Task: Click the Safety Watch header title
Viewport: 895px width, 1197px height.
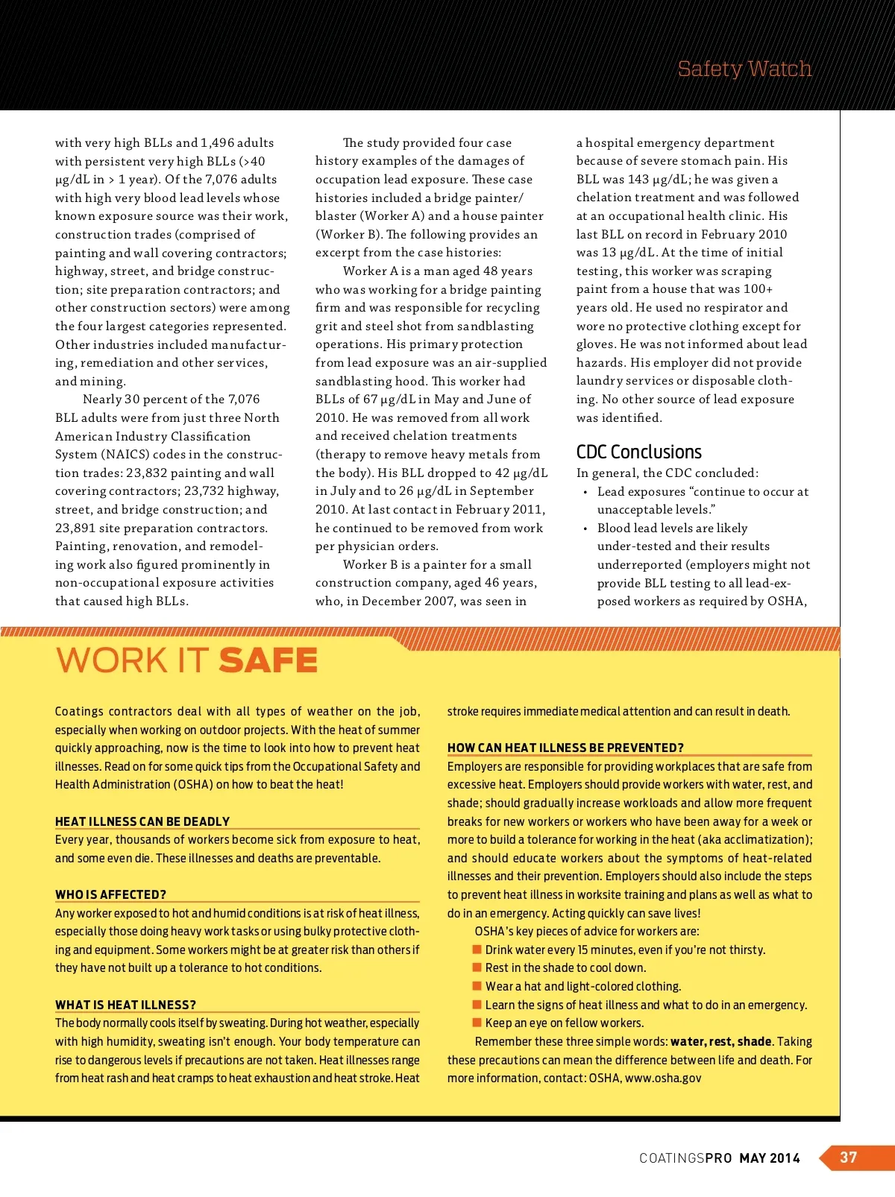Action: [x=744, y=69]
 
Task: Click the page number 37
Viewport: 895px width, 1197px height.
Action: [x=849, y=1157]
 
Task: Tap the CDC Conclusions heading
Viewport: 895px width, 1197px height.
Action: [x=638, y=452]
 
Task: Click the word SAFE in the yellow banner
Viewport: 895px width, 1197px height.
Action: [x=268, y=661]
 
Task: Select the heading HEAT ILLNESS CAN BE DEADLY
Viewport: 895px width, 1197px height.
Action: [x=142, y=821]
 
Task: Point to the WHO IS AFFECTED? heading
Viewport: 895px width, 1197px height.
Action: [x=110, y=894]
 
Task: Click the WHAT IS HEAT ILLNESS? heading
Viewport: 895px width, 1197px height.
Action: [x=125, y=1005]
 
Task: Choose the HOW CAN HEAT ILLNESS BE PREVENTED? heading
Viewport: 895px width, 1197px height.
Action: [x=565, y=748]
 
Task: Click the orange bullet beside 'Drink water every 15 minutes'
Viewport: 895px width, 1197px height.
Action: [x=477, y=950]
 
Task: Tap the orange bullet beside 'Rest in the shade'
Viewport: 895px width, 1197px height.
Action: [x=477, y=967]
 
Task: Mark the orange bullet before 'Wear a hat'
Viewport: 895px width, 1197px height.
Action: [x=477, y=986]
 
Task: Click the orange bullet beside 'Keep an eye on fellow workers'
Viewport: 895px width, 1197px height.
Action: [x=477, y=1023]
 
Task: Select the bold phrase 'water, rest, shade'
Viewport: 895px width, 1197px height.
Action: [x=720, y=1041]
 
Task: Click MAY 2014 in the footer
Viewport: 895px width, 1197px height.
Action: [x=770, y=1158]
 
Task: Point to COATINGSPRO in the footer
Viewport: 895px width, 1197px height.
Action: [x=685, y=1158]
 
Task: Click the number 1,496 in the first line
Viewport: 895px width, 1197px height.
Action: [x=217, y=142]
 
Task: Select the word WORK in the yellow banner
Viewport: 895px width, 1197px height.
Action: [x=112, y=661]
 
